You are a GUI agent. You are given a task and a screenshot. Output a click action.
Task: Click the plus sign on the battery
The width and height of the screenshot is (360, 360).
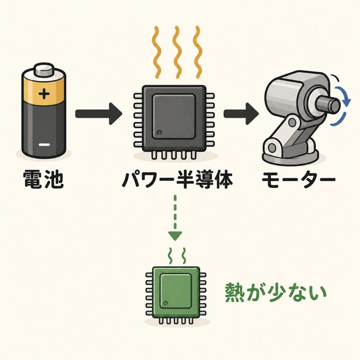[44, 94]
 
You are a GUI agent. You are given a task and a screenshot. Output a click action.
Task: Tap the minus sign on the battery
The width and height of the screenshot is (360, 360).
[44, 144]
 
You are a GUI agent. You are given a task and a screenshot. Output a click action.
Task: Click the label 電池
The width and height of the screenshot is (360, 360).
[43, 179]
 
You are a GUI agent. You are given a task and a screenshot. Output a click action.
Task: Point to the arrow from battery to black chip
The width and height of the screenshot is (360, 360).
[99, 114]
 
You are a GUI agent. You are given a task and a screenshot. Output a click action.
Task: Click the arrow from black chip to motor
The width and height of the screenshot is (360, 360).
[241, 114]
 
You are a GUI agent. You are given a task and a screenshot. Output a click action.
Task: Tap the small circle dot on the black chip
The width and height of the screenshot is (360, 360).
[159, 133]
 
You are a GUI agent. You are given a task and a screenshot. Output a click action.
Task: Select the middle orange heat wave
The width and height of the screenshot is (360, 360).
[177, 52]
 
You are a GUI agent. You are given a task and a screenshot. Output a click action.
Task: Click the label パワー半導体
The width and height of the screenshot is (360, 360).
[177, 180]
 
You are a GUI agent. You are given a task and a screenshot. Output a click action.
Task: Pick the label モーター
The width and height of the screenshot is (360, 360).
[298, 180]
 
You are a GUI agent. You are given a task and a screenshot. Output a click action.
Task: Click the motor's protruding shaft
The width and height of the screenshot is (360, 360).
[328, 105]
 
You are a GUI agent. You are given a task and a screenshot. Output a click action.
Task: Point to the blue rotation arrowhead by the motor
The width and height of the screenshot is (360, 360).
[346, 101]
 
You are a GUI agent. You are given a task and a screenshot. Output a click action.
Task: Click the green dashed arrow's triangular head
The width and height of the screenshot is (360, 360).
[175, 236]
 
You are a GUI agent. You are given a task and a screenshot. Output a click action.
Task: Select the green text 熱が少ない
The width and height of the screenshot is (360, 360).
[275, 293]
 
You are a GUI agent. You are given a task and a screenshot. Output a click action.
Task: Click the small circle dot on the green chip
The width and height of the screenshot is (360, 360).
[166, 303]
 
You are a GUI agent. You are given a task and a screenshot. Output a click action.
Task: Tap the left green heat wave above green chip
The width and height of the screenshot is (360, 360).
[170, 256]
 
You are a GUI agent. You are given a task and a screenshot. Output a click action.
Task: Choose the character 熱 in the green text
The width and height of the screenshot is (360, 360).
[234, 293]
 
